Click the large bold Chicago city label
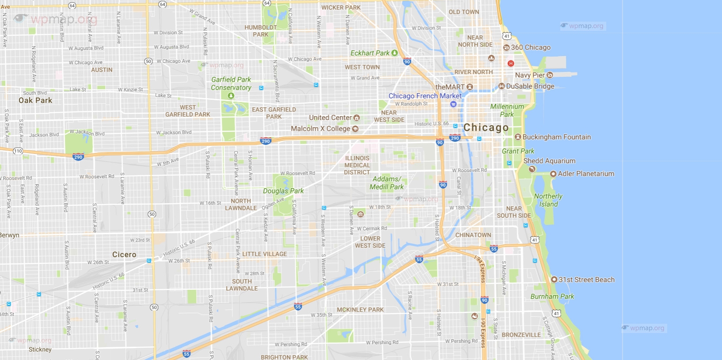pyautogui.click(x=486, y=128)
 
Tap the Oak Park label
pyautogui.click(x=35, y=100)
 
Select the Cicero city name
pyautogui.click(x=124, y=254)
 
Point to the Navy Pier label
pyautogui.click(x=529, y=75)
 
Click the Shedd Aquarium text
pyautogui.click(x=549, y=161)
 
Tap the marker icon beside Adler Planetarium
pyautogui.click(x=553, y=174)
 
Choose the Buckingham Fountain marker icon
pyautogui.click(x=518, y=137)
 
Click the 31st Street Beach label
pyautogui.click(x=586, y=280)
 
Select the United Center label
pyautogui.click(x=330, y=117)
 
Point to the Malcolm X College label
pyautogui.click(x=320, y=129)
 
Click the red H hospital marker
pyautogui.click(x=511, y=64)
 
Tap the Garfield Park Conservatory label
pyautogui.click(x=231, y=83)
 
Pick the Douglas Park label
pyautogui.click(x=283, y=191)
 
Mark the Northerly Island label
pyautogui.click(x=548, y=200)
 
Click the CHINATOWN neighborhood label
pyautogui.click(x=473, y=235)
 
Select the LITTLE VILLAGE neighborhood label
pyautogui.click(x=264, y=254)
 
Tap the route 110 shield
pyautogui.click(x=18, y=151)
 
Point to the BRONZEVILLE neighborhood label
pyautogui.click(x=521, y=335)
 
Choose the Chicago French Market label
pyautogui.click(x=425, y=96)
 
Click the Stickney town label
pyautogui.click(x=40, y=349)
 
